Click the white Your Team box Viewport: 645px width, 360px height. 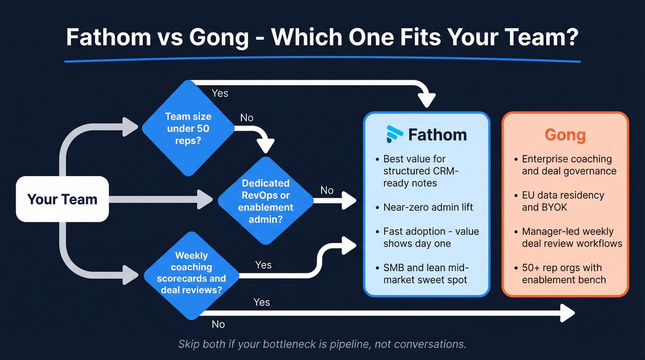click(62, 199)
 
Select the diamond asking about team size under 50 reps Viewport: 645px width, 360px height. click(188, 128)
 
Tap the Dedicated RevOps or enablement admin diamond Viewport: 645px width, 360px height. click(265, 201)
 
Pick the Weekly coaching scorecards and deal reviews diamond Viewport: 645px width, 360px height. click(191, 272)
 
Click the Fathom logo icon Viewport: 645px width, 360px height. click(394, 134)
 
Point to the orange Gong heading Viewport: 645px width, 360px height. click(565, 135)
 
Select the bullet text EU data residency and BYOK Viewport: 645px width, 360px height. click(563, 201)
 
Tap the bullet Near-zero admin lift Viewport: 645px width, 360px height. click(428, 207)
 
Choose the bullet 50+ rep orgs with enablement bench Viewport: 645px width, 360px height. click(563, 273)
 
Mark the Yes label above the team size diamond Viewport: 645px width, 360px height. click(220, 93)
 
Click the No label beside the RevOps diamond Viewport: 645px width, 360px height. click(327, 190)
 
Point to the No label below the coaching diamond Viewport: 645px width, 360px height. click(218, 324)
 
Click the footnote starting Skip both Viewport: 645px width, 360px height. click(322, 344)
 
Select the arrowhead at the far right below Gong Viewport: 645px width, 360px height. click(569, 313)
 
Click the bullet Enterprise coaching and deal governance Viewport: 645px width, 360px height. click(569, 165)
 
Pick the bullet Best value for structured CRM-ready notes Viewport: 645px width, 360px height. click(421, 171)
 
